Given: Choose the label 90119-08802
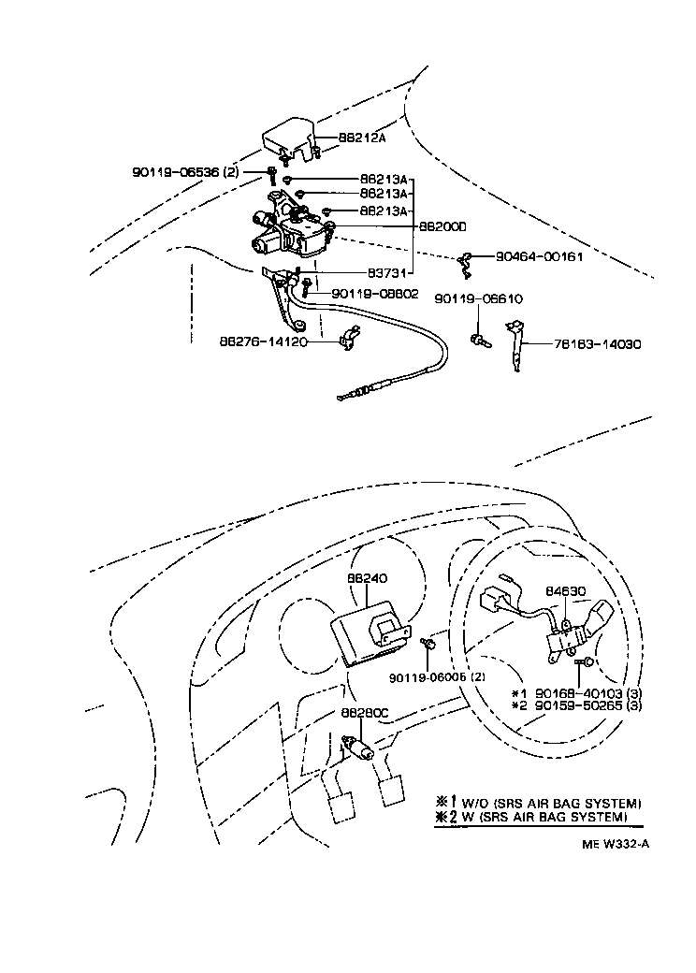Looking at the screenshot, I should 372,294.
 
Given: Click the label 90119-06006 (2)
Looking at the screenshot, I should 438,676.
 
